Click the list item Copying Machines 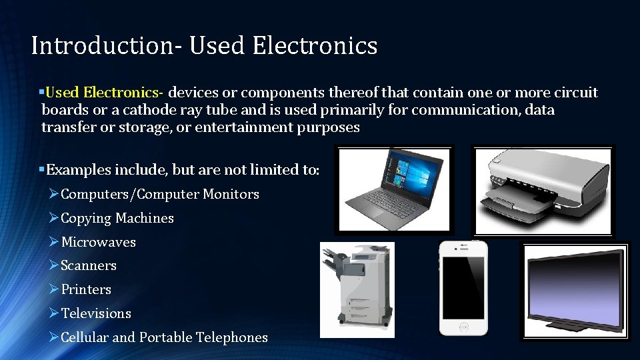coord(117,218)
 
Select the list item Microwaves coord(98,242)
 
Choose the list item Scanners coord(88,265)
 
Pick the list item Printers coord(86,289)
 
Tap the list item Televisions coord(96,313)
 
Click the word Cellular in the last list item coord(85,337)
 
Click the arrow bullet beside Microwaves coord(55,242)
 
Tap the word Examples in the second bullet coord(73,169)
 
